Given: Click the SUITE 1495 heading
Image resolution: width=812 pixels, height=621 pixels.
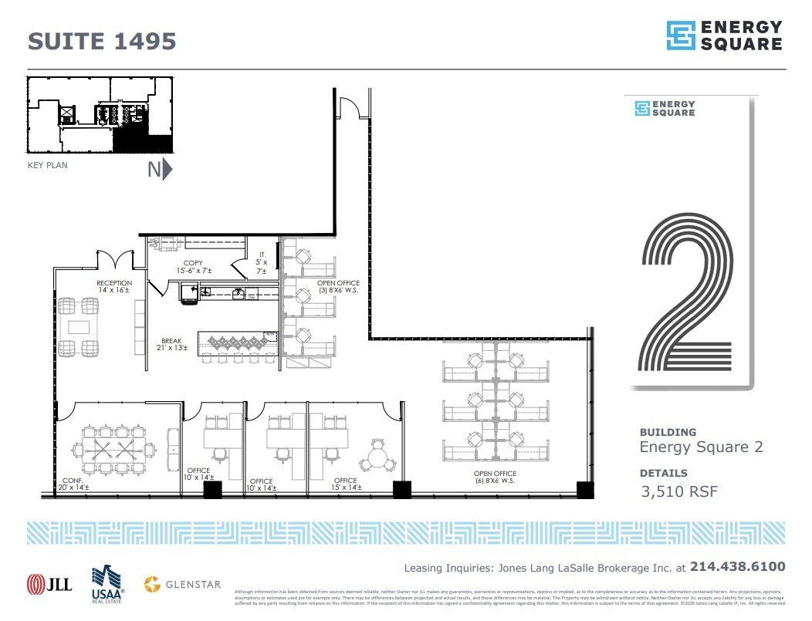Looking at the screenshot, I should tap(102, 41).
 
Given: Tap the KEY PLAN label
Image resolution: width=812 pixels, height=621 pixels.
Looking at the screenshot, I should tap(47, 164).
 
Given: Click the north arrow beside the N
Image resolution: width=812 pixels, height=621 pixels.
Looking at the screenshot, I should tap(167, 170).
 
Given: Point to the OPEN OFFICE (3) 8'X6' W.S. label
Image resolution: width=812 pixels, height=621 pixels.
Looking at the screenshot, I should tap(339, 288).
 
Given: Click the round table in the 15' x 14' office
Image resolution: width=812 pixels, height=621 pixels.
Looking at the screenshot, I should tap(378, 457).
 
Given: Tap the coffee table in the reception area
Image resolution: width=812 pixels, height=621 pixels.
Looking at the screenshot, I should tap(80, 327).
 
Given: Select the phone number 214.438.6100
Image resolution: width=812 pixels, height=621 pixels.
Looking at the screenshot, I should tap(737, 567).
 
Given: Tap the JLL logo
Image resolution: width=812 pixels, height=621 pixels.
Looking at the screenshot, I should tap(49, 584).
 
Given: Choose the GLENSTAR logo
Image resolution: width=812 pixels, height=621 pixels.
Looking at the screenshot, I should tap(184, 584).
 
